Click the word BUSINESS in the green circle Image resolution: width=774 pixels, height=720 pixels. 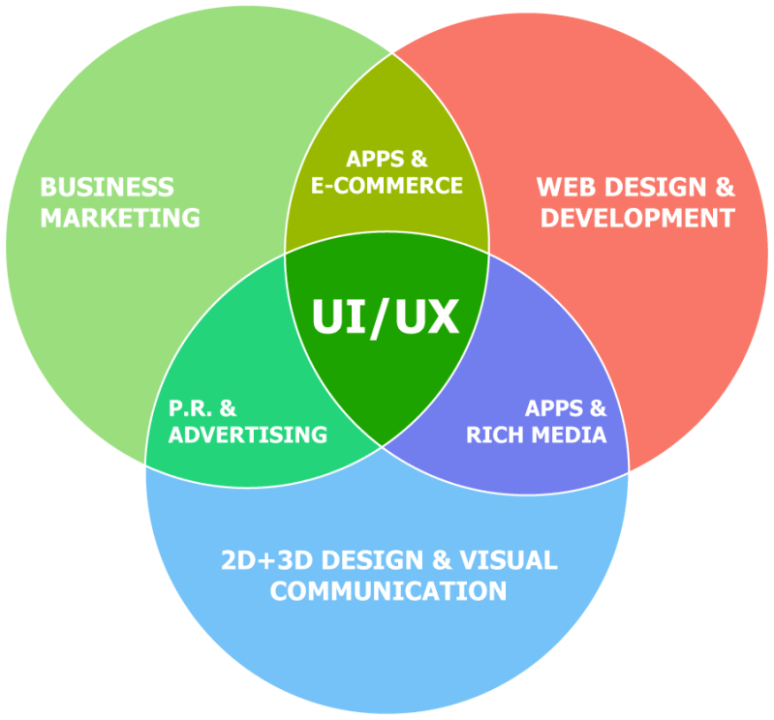coord(107,187)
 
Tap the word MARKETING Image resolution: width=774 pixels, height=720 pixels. coord(119,217)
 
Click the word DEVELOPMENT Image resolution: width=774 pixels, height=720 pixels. coord(636,217)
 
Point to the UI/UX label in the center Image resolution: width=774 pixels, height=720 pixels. coord(385,317)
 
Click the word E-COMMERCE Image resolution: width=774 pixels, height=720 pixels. coord(387,185)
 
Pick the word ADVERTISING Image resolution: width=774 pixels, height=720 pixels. coord(248,435)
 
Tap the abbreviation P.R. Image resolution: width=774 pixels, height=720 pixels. coord(189,407)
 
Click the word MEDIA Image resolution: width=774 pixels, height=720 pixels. coord(573,435)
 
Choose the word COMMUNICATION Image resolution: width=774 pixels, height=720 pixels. coord(387,590)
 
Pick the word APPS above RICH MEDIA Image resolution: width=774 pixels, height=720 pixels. coord(552,407)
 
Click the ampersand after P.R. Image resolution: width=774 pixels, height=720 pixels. coord(229,407)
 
